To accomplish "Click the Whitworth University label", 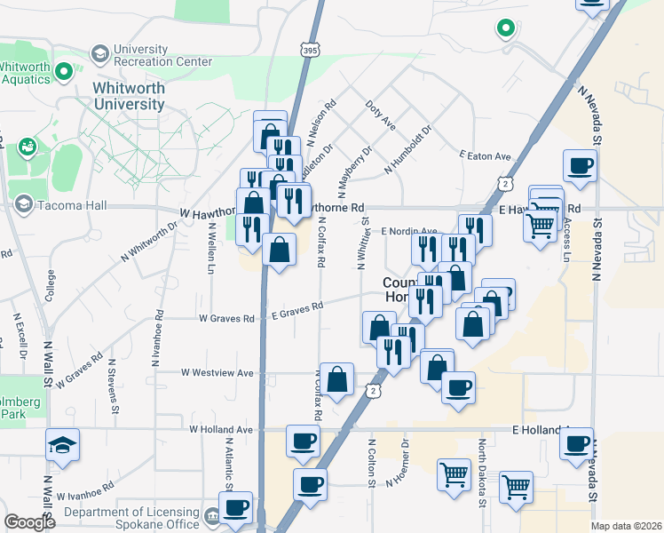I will [129, 96].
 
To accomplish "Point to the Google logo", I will [29, 522].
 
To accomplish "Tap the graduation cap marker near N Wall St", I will [62, 445].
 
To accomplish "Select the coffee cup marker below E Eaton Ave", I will [580, 166].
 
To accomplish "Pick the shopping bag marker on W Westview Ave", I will [337, 380].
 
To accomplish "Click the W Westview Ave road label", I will [217, 373].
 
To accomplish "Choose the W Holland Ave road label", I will [221, 429].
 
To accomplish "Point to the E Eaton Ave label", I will [486, 156].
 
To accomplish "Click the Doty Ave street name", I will [380, 116].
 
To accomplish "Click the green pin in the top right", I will [506, 28].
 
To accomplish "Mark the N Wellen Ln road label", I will [212, 250].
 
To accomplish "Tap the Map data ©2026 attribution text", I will [626, 526].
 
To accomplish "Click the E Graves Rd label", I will [299, 307].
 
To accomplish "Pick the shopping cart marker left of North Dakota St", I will [454, 475].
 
